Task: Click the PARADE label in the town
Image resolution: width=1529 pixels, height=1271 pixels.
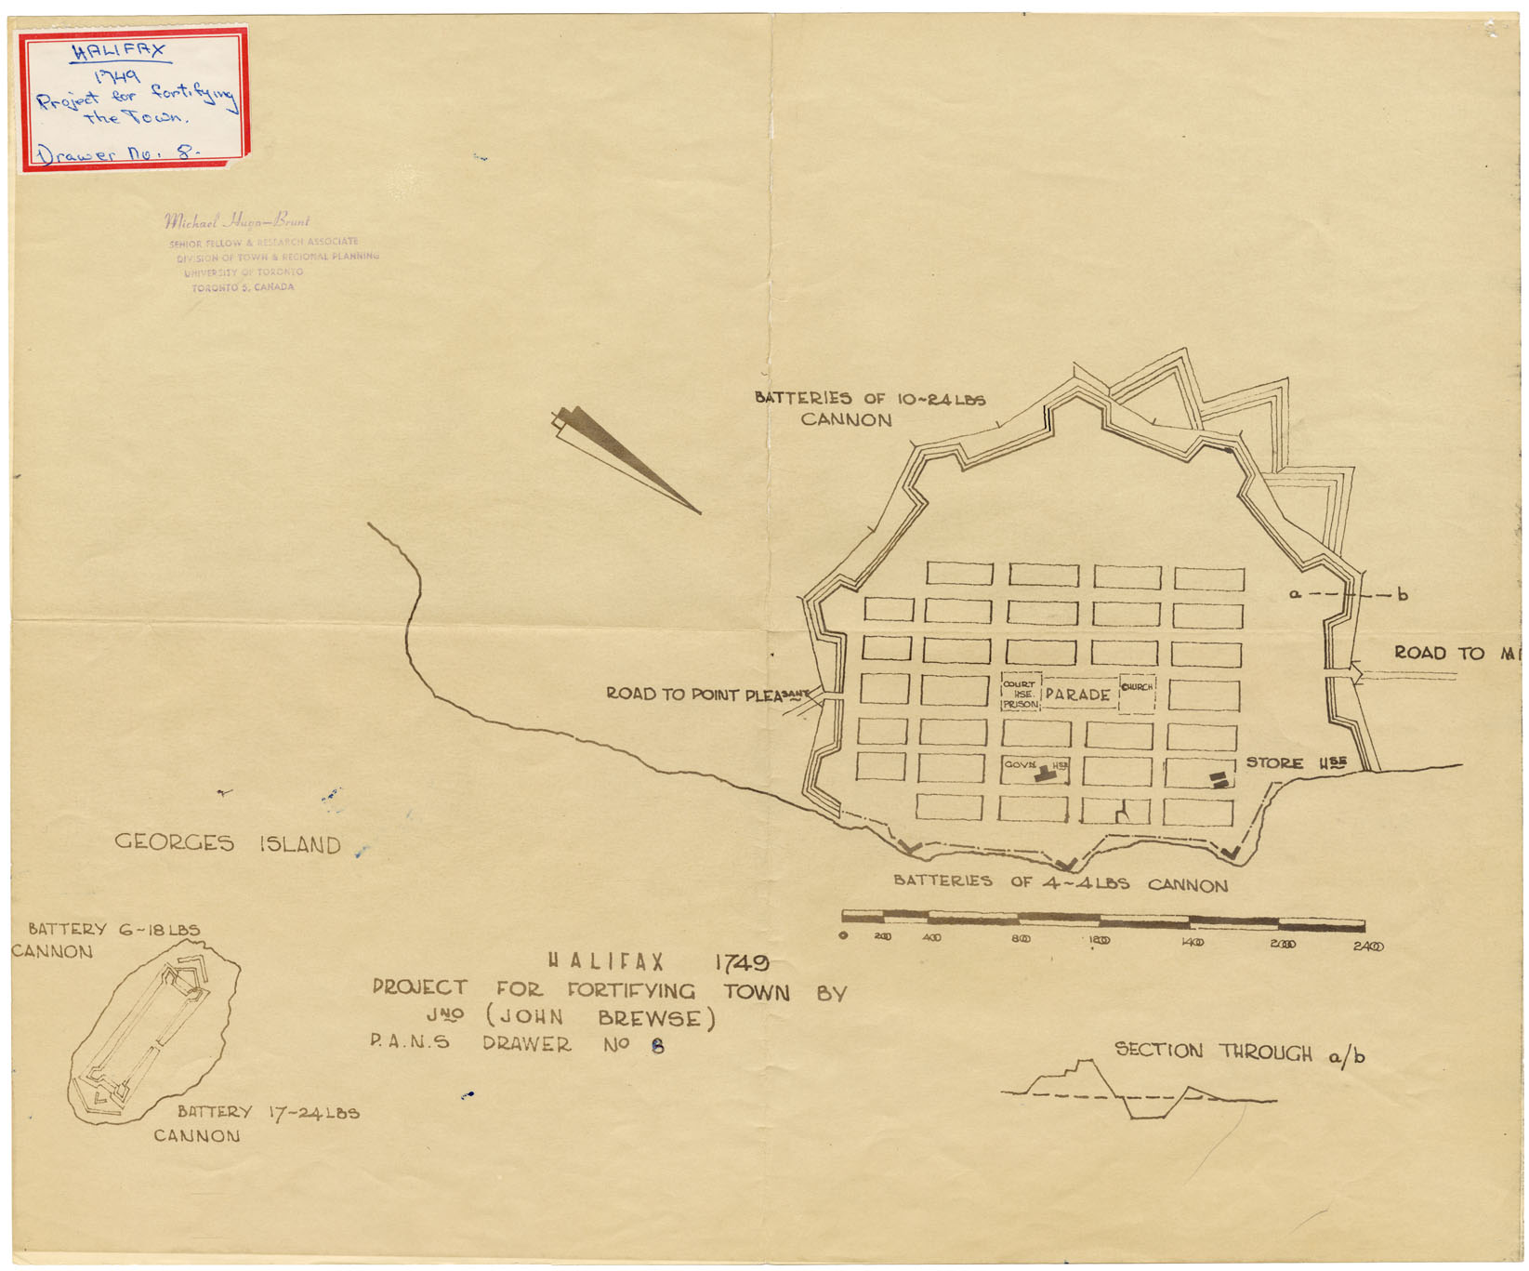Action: tap(1077, 695)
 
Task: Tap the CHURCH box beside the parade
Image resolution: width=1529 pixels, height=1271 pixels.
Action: tap(1137, 693)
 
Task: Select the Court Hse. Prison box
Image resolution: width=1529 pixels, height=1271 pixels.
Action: tap(1020, 694)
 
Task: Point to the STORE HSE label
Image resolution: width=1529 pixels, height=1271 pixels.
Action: tap(1296, 763)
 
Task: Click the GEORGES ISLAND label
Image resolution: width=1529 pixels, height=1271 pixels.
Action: tap(228, 843)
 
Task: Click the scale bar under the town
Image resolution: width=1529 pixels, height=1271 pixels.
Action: tap(1102, 920)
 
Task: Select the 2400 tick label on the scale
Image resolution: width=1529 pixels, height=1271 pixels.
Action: tap(1367, 947)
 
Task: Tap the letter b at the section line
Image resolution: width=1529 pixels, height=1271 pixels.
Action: tap(1403, 595)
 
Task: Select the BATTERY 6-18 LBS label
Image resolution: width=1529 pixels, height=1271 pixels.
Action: tap(113, 929)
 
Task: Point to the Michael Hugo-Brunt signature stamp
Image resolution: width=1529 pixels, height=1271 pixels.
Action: tap(237, 221)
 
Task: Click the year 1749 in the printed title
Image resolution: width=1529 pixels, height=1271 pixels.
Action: tap(741, 962)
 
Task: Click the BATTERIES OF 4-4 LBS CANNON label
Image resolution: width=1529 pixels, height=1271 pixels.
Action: tap(1060, 882)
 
